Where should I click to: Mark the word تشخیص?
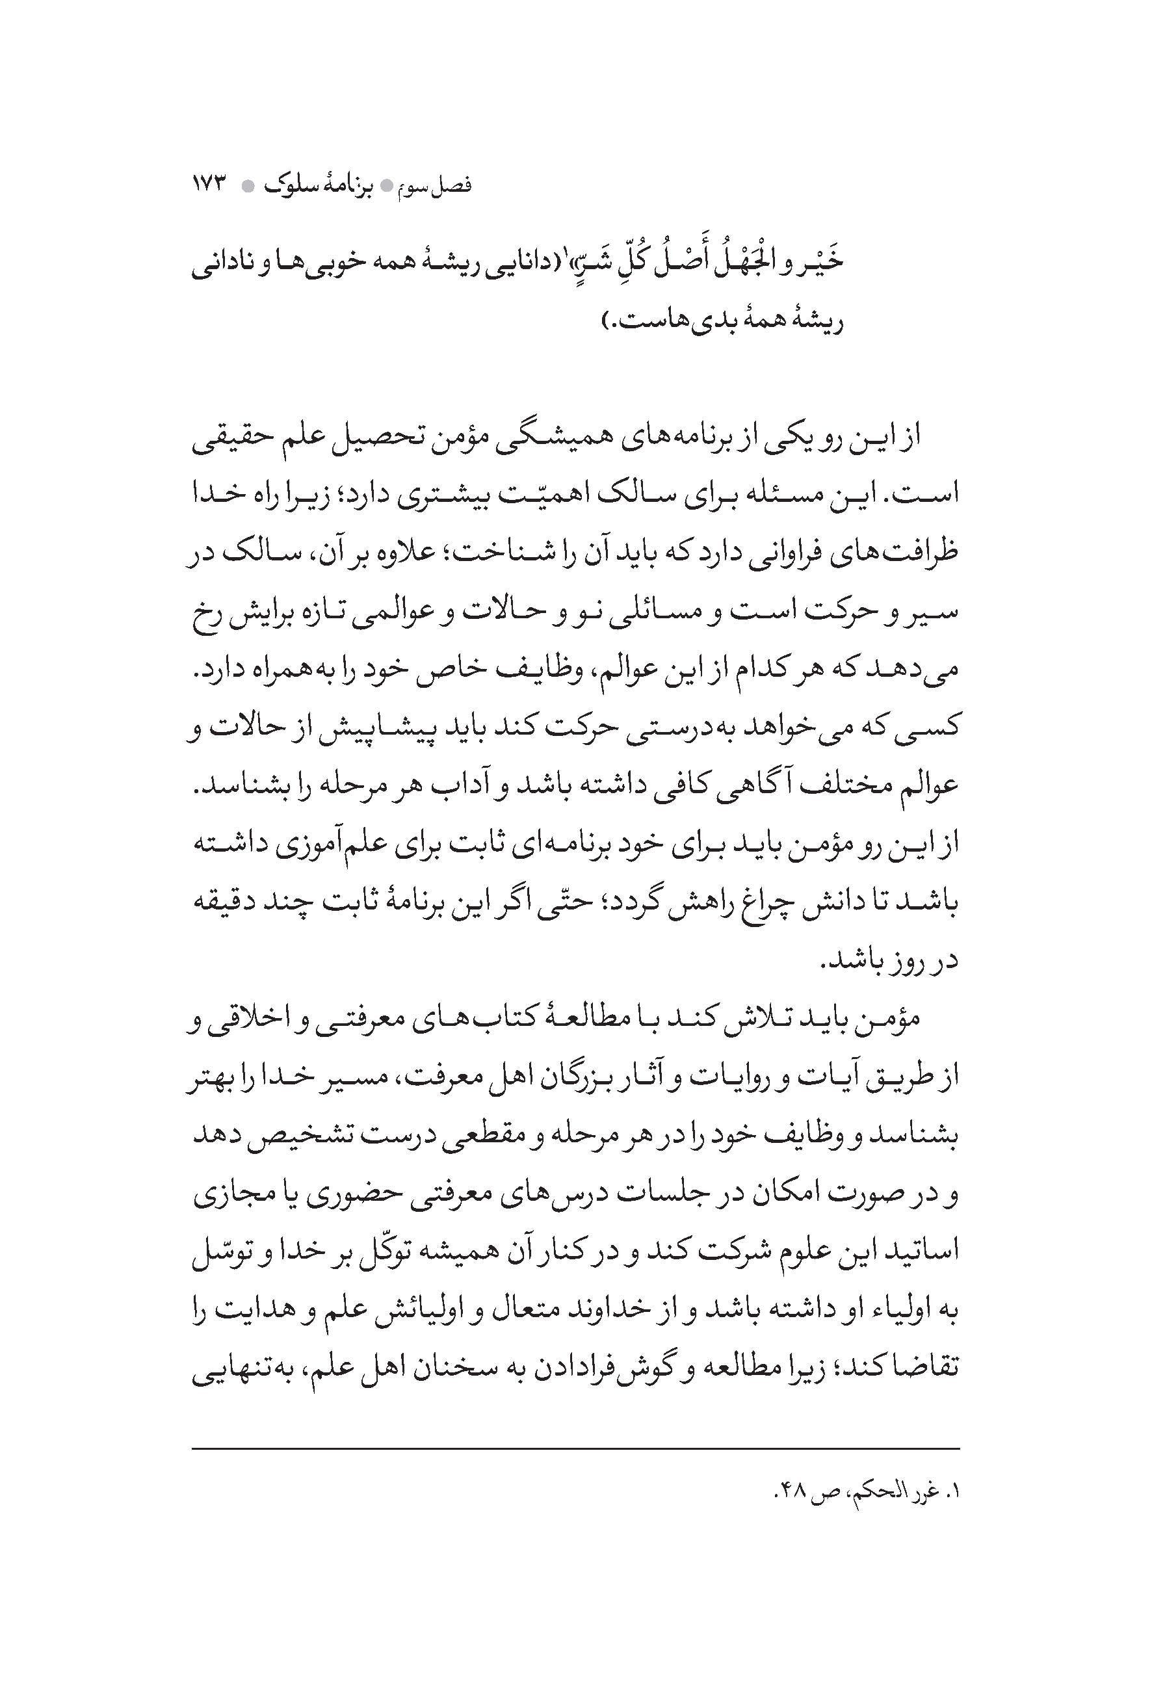(308, 1135)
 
